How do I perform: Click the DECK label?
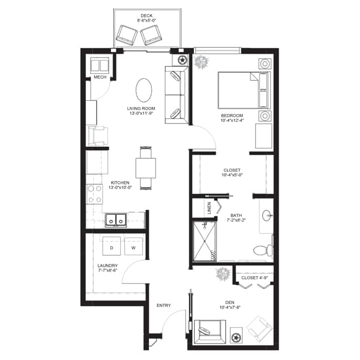point(147,15)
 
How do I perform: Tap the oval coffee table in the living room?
point(144,90)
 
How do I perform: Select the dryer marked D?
point(112,246)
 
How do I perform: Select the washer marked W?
point(133,246)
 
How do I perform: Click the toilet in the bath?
point(263,250)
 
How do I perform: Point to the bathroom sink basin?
point(266,215)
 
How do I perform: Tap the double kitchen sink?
point(116,221)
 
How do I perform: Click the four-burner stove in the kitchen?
point(95,194)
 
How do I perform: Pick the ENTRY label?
point(164,305)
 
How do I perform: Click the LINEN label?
point(209,208)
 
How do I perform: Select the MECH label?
point(100,77)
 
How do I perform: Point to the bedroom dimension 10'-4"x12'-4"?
point(232,120)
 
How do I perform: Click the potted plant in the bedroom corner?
point(201,62)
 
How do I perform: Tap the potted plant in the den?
point(223,274)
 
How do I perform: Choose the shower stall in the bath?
point(205,241)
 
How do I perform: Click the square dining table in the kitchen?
point(146,168)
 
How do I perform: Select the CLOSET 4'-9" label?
point(255,278)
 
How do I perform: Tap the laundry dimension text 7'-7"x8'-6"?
point(107,270)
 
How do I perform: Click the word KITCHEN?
point(120,183)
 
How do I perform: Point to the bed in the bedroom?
point(244,90)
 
